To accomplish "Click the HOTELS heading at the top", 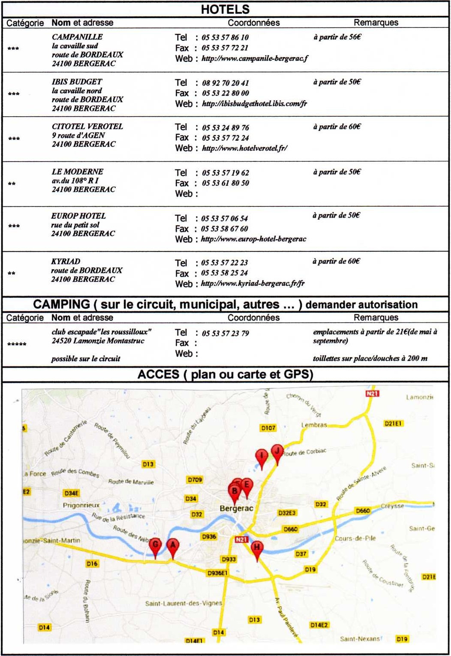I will point(225,9).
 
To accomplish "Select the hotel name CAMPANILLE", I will point(77,37).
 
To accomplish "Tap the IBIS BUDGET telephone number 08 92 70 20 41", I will point(225,83).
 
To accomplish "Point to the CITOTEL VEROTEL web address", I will point(244,148).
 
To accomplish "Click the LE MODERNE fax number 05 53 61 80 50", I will point(225,183).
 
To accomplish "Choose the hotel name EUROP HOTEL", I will point(78,216).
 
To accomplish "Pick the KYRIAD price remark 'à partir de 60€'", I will point(337,261).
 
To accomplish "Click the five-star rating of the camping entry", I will point(17,344).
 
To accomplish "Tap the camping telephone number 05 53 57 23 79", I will point(225,333).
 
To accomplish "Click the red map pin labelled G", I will point(155,545).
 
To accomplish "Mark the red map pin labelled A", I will point(172,545).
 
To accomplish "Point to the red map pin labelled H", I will point(257,547).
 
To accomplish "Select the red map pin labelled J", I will point(277,451).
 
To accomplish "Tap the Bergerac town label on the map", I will point(236,508).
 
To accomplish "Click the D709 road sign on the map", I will point(195,480).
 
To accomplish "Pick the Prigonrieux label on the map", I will point(81,505).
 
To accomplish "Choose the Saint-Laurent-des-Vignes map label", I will point(183,603).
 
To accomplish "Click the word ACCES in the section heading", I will point(158,375).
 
